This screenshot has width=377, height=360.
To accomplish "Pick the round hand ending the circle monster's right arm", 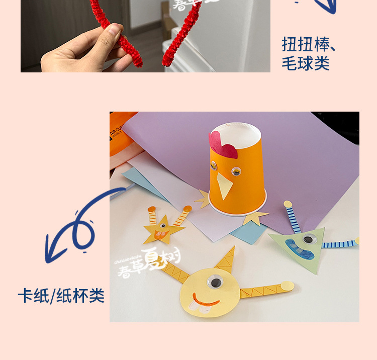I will (287, 286).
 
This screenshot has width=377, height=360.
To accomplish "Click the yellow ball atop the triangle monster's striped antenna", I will (288, 204).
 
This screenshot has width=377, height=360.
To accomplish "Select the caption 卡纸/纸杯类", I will (61, 296).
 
